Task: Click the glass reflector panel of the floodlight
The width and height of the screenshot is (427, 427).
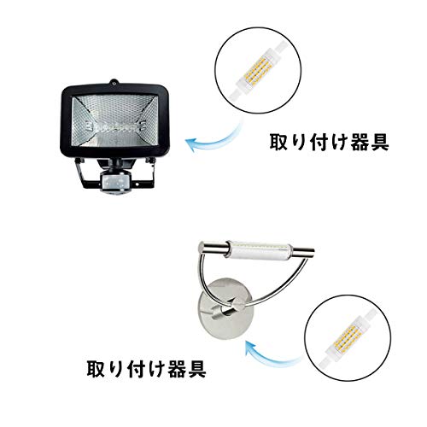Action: pos(114,120)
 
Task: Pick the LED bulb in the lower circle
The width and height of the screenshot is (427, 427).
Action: pos(347,338)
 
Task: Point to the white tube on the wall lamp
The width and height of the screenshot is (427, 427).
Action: pos(260,249)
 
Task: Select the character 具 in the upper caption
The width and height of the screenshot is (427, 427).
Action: pos(378,142)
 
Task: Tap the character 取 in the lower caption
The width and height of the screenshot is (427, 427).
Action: pos(97,368)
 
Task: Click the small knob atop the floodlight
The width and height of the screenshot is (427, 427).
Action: pos(114,82)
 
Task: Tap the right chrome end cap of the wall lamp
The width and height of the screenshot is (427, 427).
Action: pos(304,250)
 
